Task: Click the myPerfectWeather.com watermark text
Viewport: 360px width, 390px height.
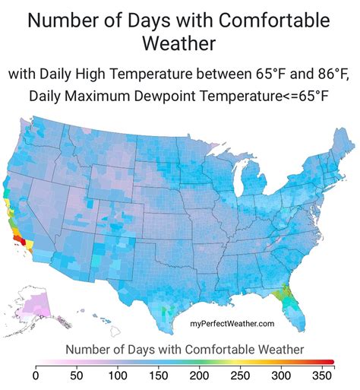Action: (232, 324)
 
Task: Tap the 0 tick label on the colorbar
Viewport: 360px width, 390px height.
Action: (36, 375)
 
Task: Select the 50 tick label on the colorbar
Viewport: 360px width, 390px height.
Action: (76, 375)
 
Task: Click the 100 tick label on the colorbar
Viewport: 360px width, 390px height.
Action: (117, 375)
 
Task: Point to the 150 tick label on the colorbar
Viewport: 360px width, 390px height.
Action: (158, 375)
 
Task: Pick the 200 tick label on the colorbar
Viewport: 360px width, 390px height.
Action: (199, 375)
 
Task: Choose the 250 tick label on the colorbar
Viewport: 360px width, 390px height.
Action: (240, 375)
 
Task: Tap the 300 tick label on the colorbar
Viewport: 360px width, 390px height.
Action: (281, 375)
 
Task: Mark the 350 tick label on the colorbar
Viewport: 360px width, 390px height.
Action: (322, 375)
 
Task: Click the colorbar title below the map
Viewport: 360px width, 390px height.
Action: (185, 348)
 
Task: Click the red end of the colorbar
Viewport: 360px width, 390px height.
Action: (328, 362)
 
